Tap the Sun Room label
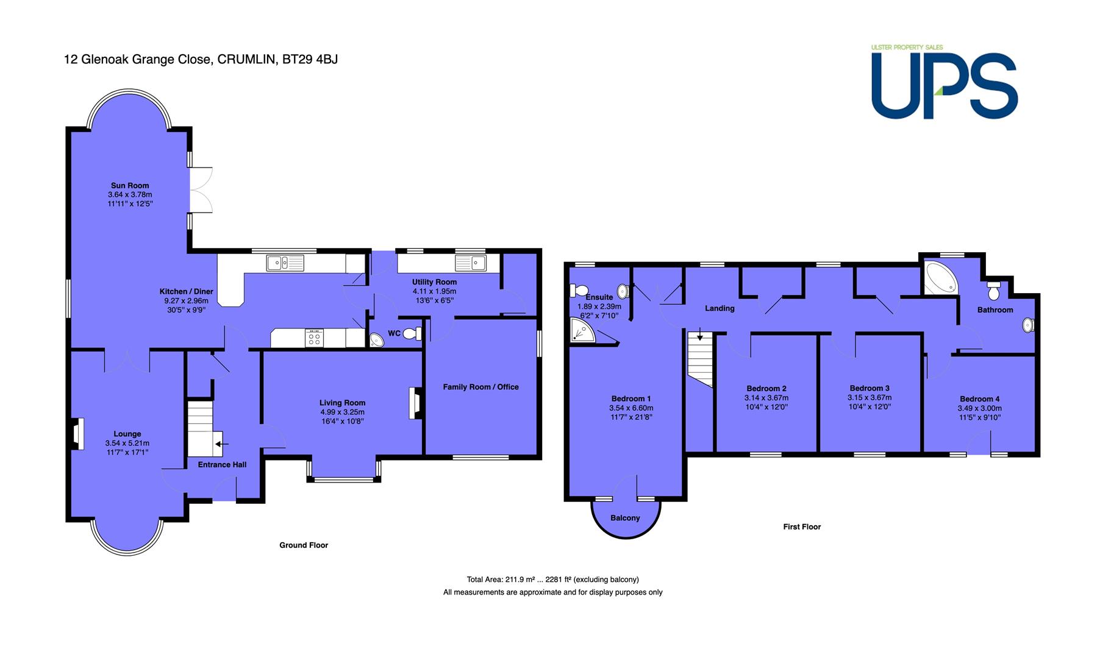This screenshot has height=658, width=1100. pyautogui.click(x=130, y=186)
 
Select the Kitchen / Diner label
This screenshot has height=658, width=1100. pyautogui.click(x=187, y=292)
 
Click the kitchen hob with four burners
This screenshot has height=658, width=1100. pyautogui.click(x=315, y=338)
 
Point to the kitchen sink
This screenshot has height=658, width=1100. pyautogui.click(x=285, y=263)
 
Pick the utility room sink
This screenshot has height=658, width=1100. pyautogui.click(x=470, y=263)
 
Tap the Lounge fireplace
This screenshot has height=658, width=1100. pyautogui.click(x=76, y=434)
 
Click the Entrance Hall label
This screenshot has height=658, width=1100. pyautogui.click(x=223, y=465)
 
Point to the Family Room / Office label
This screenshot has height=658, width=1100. pyautogui.click(x=481, y=387)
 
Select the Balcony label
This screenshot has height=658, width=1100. pyautogui.click(x=626, y=518)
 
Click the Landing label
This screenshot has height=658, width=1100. pyautogui.click(x=720, y=308)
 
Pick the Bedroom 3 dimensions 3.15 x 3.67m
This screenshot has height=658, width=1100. pyautogui.click(x=870, y=398)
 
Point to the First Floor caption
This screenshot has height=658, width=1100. pyautogui.click(x=802, y=527)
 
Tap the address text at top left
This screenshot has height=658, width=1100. pyautogui.click(x=201, y=60)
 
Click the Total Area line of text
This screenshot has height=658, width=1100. pyautogui.click(x=553, y=579)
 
